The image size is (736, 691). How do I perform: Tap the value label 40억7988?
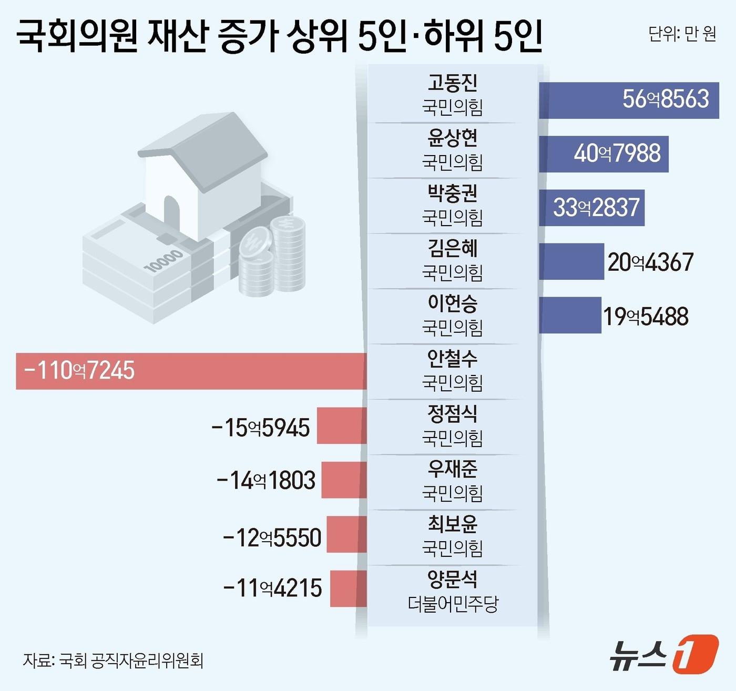click(617, 154)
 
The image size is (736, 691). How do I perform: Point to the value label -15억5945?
click(261, 428)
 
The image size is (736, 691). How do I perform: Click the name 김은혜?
click(452, 248)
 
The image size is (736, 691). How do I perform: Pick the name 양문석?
click(452, 579)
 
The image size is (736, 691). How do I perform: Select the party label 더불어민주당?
click(453, 603)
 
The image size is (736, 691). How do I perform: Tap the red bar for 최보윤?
click(346, 534)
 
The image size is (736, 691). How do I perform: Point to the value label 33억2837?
click(596, 207)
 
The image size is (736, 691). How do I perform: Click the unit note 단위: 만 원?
click(682, 34)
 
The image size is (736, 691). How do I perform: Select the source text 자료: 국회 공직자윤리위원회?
click(113, 660)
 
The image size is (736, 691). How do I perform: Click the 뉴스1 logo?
click(663, 654)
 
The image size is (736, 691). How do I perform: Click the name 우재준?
click(452, 469)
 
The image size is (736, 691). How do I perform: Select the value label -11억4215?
click(273, 588)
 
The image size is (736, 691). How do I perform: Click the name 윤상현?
click(452, 138)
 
